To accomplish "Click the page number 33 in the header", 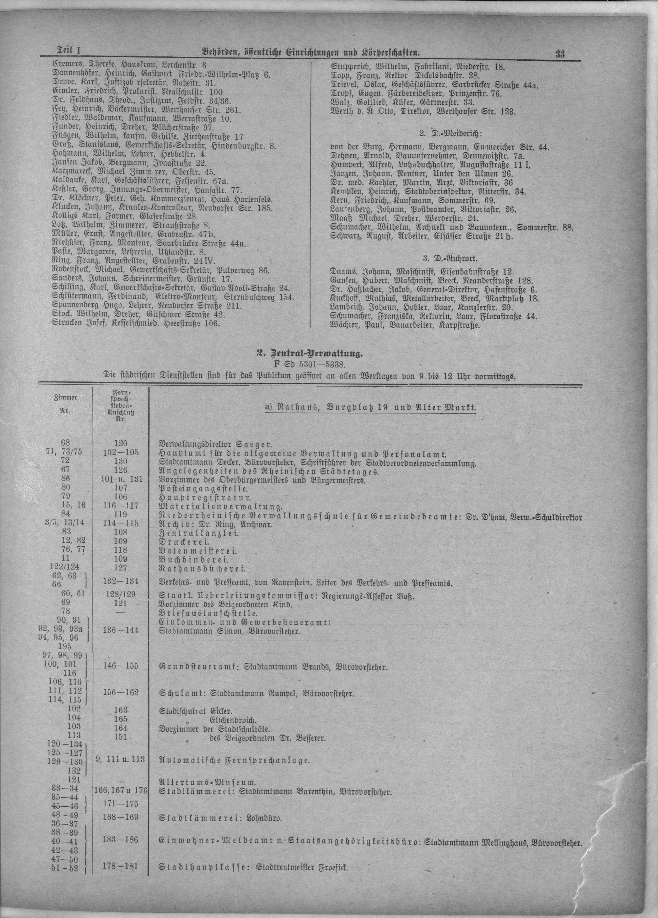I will coord(560,54).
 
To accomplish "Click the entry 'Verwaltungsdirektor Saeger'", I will coord(215,444).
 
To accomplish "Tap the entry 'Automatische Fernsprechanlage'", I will coord(234,759).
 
